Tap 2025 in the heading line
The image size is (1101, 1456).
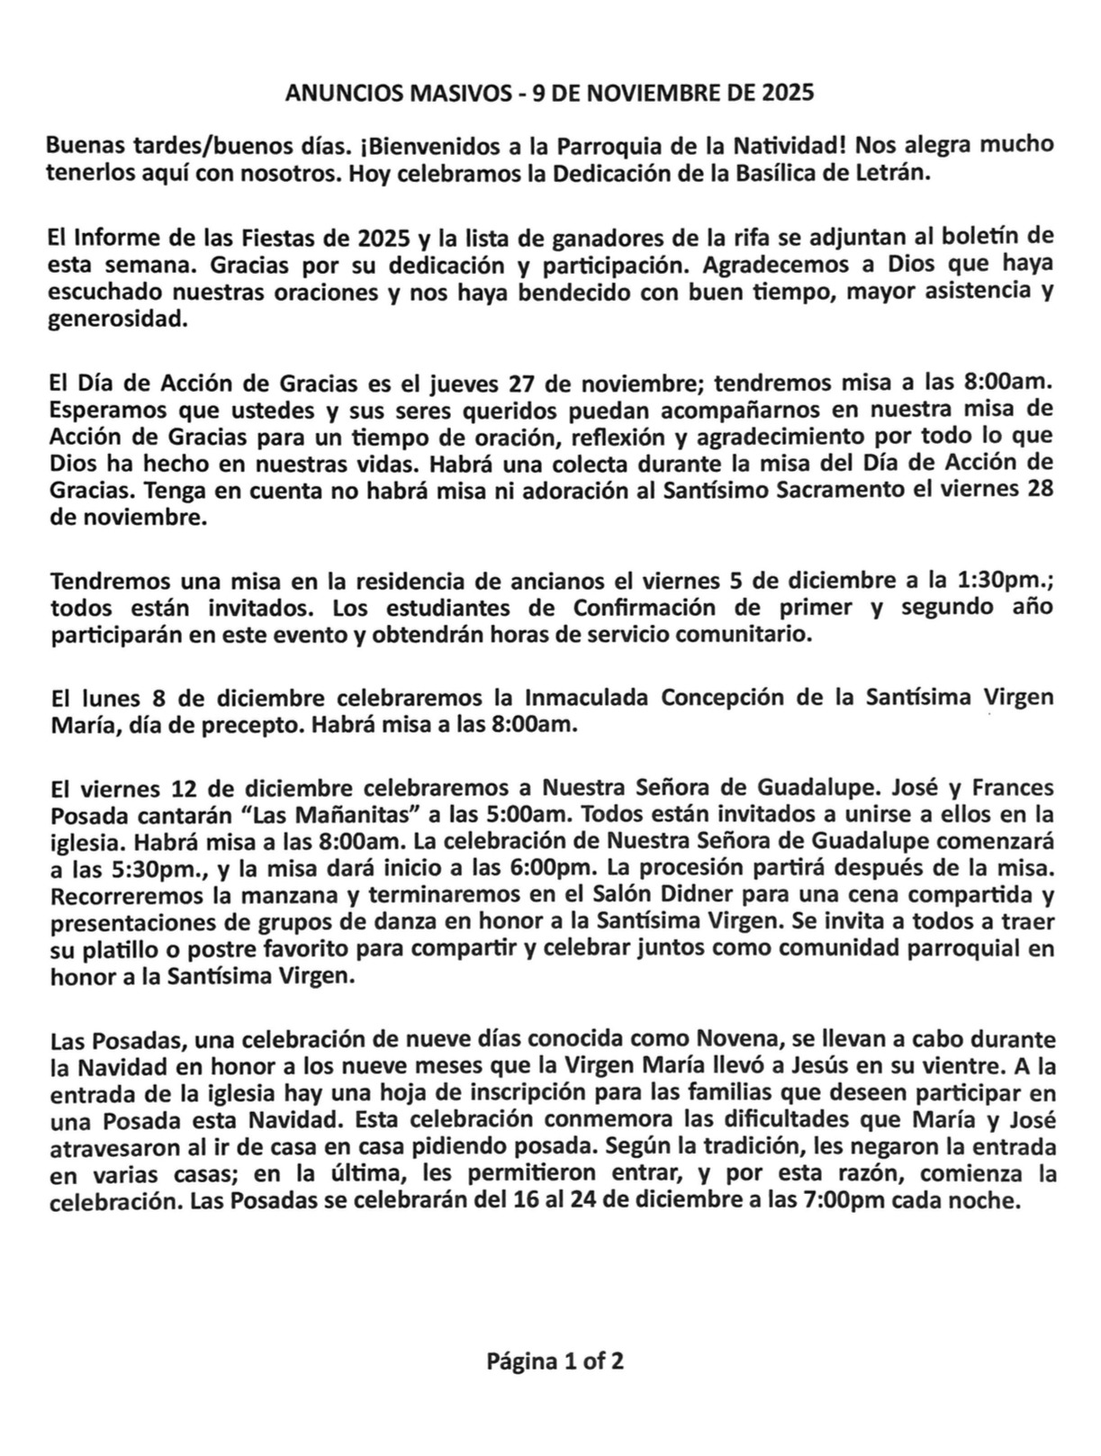click(789, 93)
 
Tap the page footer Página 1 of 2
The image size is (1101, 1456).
click(555, 1361)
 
